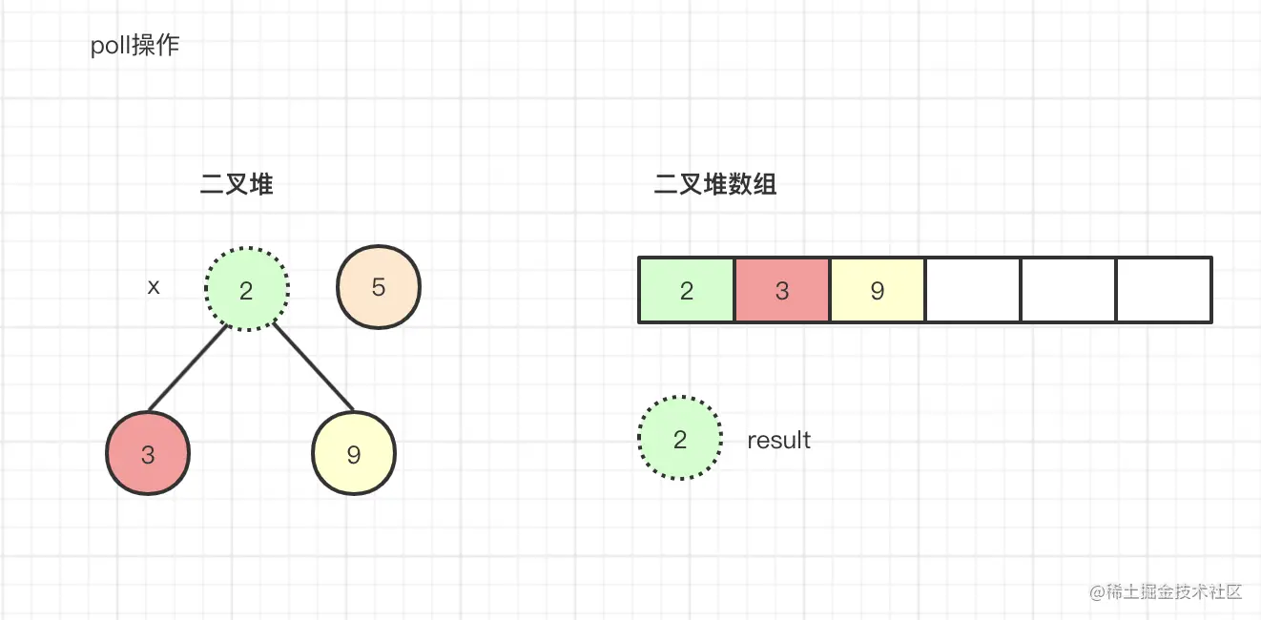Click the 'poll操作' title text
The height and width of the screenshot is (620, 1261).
click(x=135, y=46)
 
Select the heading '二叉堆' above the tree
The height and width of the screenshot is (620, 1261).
click(x=237, y=184)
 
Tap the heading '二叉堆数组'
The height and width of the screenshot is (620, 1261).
click(x=715, y=184)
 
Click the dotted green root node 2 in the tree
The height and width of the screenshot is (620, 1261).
click(x=247, y=288)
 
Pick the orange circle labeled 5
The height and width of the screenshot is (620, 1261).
click(x=379, y=286)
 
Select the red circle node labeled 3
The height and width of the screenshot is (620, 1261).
click(x=148, y=453)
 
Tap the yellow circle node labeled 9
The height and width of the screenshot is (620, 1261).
click(x=354, y=453)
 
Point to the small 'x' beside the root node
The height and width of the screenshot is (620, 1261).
click(x=154, y=287)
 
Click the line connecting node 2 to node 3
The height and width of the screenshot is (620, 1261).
click(x=188, y=368)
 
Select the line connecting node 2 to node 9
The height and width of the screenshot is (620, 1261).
click(x=314, y=366)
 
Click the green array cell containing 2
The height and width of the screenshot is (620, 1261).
click(x=687, y=290)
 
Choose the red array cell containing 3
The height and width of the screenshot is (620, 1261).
click(x=782, y=290)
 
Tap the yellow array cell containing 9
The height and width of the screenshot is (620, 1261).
click(x=877, y=290)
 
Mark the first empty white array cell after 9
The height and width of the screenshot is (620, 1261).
click(x=973, y=290)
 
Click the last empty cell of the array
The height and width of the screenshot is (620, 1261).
click(x=1164, y=290)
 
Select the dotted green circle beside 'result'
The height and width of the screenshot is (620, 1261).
click(x=680, y=438)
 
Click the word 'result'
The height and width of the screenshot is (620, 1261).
click(x=779, y=440)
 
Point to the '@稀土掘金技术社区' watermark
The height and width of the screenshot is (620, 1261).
click(x=1166, y=591)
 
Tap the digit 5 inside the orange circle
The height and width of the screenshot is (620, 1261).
click(x=379, y=287)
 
